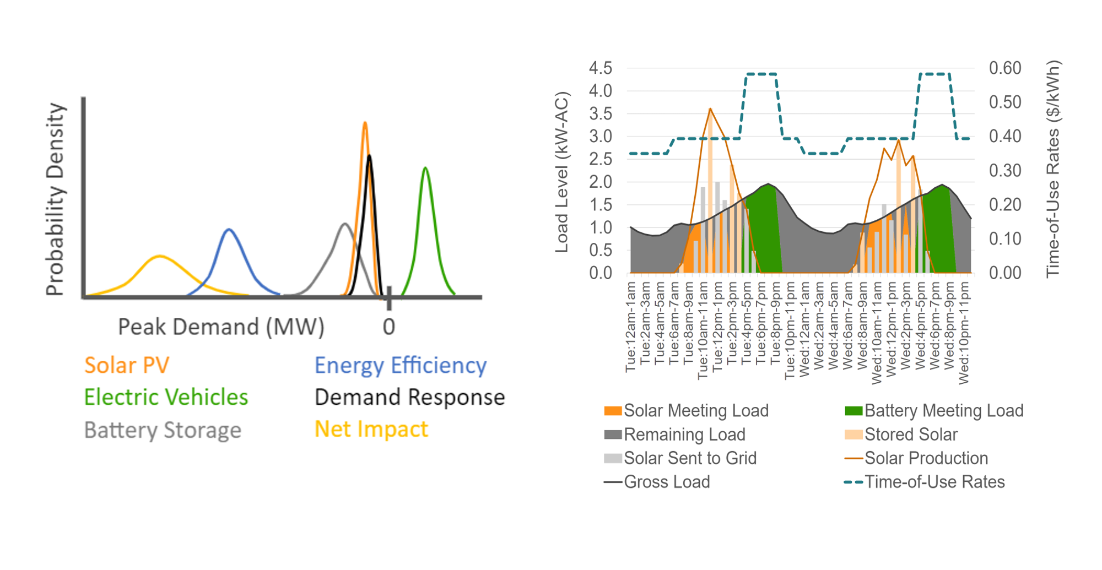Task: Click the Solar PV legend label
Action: click(126, 365)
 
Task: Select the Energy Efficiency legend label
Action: click(400, 366)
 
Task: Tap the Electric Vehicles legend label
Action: click(166, 397)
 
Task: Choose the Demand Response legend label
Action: click(409, 397)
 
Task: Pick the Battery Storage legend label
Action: click(163, 430)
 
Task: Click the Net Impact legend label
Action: click(371, 429)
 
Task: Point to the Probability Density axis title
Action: click(56, 199)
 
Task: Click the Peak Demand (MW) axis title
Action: click(221, 327)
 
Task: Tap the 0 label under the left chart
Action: click(389, 327)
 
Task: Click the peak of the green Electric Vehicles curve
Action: click(425, 167)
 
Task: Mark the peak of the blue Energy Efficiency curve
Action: click(229, 229)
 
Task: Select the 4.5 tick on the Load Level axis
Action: click(600, 68)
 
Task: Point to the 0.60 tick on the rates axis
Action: click(1005, 68)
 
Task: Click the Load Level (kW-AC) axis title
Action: click(561, 172)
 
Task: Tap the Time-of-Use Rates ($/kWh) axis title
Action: click(1053, 169)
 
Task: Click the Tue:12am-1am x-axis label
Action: click(631, 327)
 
